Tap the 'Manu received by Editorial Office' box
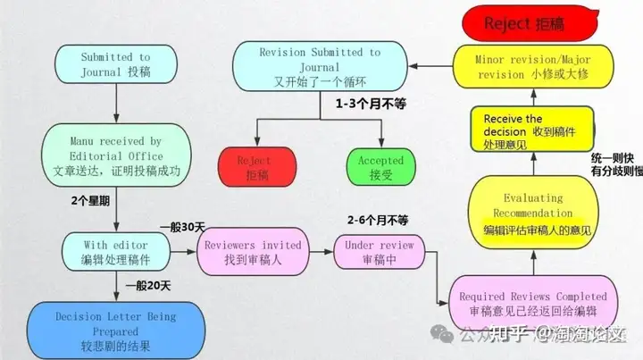116,156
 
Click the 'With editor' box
116,253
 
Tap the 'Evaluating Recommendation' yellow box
532,213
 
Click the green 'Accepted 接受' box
381,168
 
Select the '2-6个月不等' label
378,219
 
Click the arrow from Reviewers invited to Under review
318,253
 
